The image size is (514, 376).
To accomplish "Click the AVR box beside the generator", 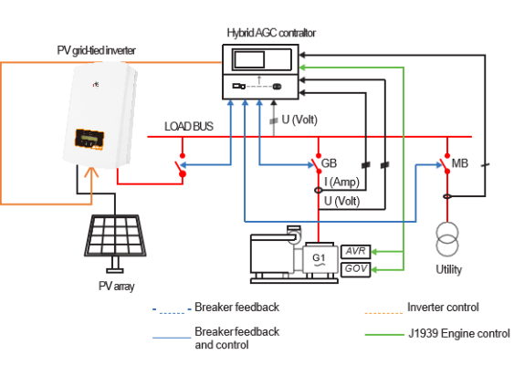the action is point(356,252).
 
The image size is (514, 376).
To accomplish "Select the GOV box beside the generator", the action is point(356,269).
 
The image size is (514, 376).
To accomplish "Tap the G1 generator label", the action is point(319,259).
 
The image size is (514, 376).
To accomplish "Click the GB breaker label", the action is point(329,163).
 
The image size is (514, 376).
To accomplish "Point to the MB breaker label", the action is point(459,163).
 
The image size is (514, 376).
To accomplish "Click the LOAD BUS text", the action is point(189,126).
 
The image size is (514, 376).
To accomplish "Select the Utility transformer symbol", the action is point(447,239).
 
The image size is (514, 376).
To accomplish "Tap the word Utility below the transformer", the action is point(449,269).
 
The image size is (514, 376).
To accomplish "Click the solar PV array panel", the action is point(115,235).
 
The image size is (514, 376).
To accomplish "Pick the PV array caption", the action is point(116,287).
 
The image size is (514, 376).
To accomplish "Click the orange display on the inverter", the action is point(89,139).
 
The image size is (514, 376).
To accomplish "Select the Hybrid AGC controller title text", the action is point(271,33).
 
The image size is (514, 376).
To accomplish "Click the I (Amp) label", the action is point(341,182).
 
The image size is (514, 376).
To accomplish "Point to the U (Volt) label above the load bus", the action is point(299,120).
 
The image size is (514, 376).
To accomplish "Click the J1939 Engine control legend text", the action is point(459,334).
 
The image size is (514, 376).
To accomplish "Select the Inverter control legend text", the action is point(443,308).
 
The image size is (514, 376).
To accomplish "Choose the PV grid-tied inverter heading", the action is point(96,50).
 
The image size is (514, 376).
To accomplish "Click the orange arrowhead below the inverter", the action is point(91,172).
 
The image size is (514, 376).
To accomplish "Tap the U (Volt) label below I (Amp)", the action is point(341,201).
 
